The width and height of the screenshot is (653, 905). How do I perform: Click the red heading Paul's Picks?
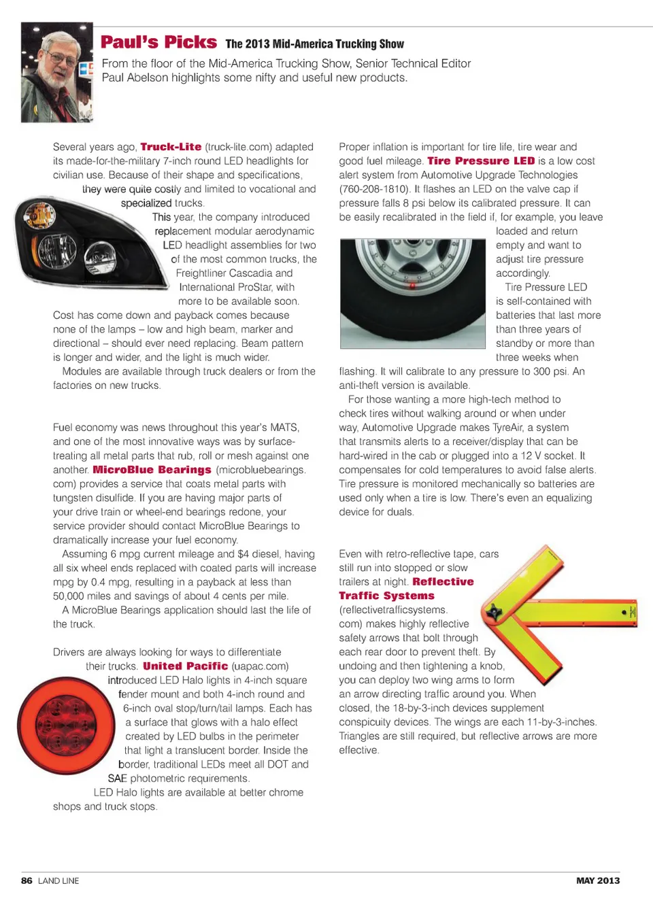coord(158,42)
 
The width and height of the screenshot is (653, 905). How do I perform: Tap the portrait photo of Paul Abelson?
coord(57,73)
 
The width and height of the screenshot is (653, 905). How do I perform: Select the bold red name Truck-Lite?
coord(171,147)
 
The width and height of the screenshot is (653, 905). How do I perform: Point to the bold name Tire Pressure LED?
coord(481,161)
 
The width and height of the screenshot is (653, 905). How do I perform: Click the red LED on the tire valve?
coord(412,286)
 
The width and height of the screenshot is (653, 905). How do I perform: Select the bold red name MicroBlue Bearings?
coord(152,470)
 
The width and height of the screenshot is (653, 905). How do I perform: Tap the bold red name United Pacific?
coord(185,666)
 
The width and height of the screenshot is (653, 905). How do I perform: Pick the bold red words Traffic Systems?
coord(386,596)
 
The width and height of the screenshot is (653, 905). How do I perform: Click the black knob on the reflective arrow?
coord(493,613)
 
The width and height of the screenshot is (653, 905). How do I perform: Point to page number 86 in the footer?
coord(27,881)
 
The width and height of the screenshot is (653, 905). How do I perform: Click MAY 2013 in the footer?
coord(598,881)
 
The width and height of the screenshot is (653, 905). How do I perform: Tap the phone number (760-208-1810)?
coord(374,189)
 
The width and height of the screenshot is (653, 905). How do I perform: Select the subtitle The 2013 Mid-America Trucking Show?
coord(314,44)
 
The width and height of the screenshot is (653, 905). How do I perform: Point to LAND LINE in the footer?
coord(58,881)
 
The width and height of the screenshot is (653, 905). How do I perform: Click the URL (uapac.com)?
coord(260,666)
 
